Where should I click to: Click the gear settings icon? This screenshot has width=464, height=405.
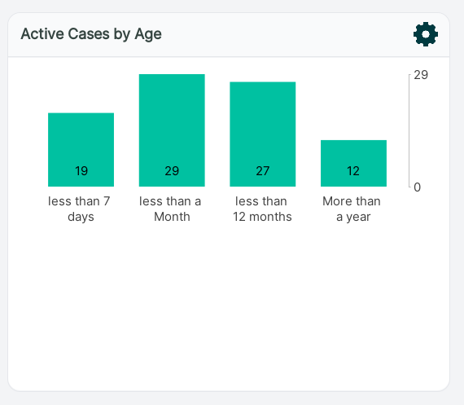click(426, 34)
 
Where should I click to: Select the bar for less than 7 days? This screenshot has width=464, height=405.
click(81, 150)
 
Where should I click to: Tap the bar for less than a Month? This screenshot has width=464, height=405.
click(172, 130)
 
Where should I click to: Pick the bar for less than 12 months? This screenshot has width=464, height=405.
click(263, 134)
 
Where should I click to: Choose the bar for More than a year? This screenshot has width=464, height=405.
click(353, 163)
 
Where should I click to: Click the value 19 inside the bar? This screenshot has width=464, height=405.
click(81, 171)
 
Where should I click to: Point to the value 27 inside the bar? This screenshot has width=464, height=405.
click(263, 171)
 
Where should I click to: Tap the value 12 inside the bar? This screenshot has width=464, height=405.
click(353, 171)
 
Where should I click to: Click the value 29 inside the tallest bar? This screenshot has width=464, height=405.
click(172, 171)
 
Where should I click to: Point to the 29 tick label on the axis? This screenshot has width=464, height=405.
click(421, 75)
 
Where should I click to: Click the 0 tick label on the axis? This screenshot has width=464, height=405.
click(418, 187)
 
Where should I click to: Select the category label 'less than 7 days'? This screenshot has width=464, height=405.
click(79, 209)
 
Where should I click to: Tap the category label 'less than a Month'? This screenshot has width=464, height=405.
click(170, 209)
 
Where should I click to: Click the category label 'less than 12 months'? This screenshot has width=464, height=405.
click(262, 209)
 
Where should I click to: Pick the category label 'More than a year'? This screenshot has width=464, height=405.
click(352, 209)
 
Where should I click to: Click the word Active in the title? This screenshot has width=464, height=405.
click(42, 33)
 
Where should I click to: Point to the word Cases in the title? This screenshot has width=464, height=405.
click(89, 33)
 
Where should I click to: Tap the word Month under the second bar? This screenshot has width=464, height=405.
click(172, 217)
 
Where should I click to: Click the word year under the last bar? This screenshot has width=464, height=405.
click(358, 217)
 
